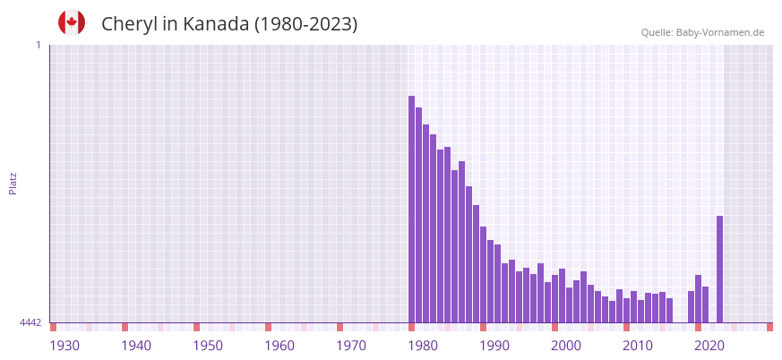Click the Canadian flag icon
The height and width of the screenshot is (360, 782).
click(72, 22)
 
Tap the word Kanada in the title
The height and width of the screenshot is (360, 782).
click(216, 24)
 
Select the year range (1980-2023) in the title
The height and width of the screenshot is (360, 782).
click(305, 24)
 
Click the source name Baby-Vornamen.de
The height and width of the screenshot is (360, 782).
click(720, 32)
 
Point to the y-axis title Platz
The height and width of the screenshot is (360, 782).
click(13, 183)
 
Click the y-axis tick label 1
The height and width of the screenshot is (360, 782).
click(38, 45)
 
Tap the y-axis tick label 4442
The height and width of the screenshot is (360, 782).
click(30, 322)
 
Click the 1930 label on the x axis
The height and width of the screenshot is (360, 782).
click(64, 346)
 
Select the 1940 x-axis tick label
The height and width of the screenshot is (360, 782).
click(136, 346)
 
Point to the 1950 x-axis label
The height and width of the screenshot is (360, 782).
click(208, 346)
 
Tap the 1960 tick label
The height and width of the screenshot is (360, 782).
click(279, 346)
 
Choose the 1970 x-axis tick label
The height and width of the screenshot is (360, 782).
click(351, 346)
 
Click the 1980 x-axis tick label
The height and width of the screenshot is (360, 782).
click(423, 346)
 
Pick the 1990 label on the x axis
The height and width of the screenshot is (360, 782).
click(494, 346)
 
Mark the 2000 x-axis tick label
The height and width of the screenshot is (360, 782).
click(566, 346)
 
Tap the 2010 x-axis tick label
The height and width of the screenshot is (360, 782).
click(638, 346)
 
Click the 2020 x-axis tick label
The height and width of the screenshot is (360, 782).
click(709, 346)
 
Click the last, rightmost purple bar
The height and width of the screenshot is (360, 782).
click(719, 269)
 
